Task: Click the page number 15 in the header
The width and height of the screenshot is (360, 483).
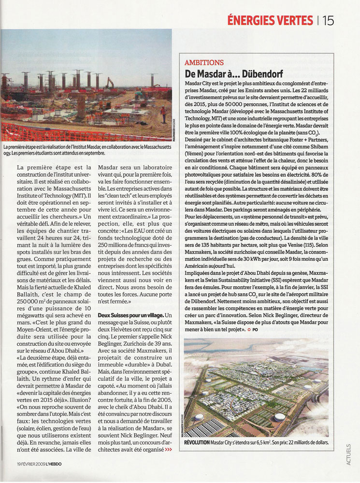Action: [328, 20]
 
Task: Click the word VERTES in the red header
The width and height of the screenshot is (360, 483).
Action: [291, 20]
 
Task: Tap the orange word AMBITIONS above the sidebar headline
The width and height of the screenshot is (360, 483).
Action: [204, 63]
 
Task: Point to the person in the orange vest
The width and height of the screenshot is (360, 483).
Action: [163, 114]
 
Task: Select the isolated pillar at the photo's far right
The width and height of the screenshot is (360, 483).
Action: [153, 80]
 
